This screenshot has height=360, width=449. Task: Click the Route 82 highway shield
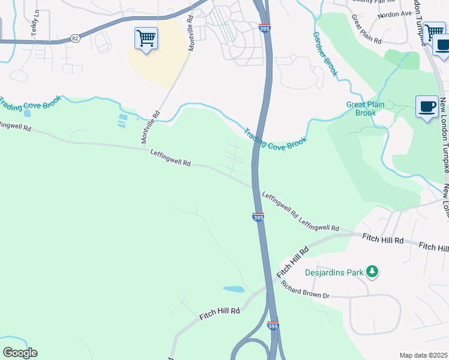74,38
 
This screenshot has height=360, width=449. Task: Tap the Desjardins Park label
334,272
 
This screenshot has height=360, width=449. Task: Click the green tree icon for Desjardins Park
373,272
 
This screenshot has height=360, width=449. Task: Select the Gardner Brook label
325,55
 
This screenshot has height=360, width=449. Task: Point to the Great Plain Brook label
361,109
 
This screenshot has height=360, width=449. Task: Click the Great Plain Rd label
367,29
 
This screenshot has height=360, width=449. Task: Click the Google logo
20,353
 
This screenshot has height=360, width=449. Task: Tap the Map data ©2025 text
423,355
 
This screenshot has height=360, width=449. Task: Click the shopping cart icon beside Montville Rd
146,39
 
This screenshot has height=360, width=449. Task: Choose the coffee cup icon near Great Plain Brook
427,107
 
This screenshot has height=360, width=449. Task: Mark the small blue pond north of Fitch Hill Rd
234,289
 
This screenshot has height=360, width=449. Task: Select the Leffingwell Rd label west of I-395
170,158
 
